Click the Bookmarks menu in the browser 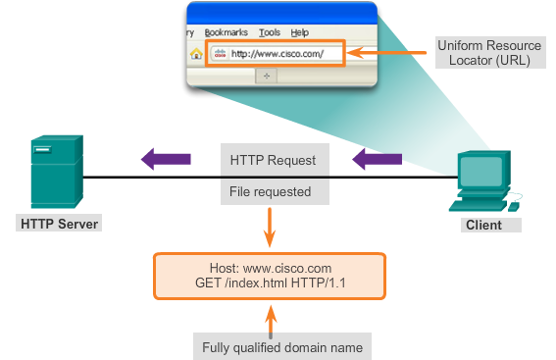[x=227, y=32]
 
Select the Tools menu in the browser [x=269, y=32]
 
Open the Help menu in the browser [x=299, y=32]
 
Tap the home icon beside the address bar [x=195, y=54]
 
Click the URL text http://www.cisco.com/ [x=277, y=54]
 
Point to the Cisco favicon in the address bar [x=220, y=54]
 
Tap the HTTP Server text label [x=60, y=225]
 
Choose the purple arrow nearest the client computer [x=378, y=157]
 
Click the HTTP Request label [x=274, y=159]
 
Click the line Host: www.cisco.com [x=270, y=268]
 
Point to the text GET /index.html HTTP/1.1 [x=270, y=283]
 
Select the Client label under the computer [x=482, y=225]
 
